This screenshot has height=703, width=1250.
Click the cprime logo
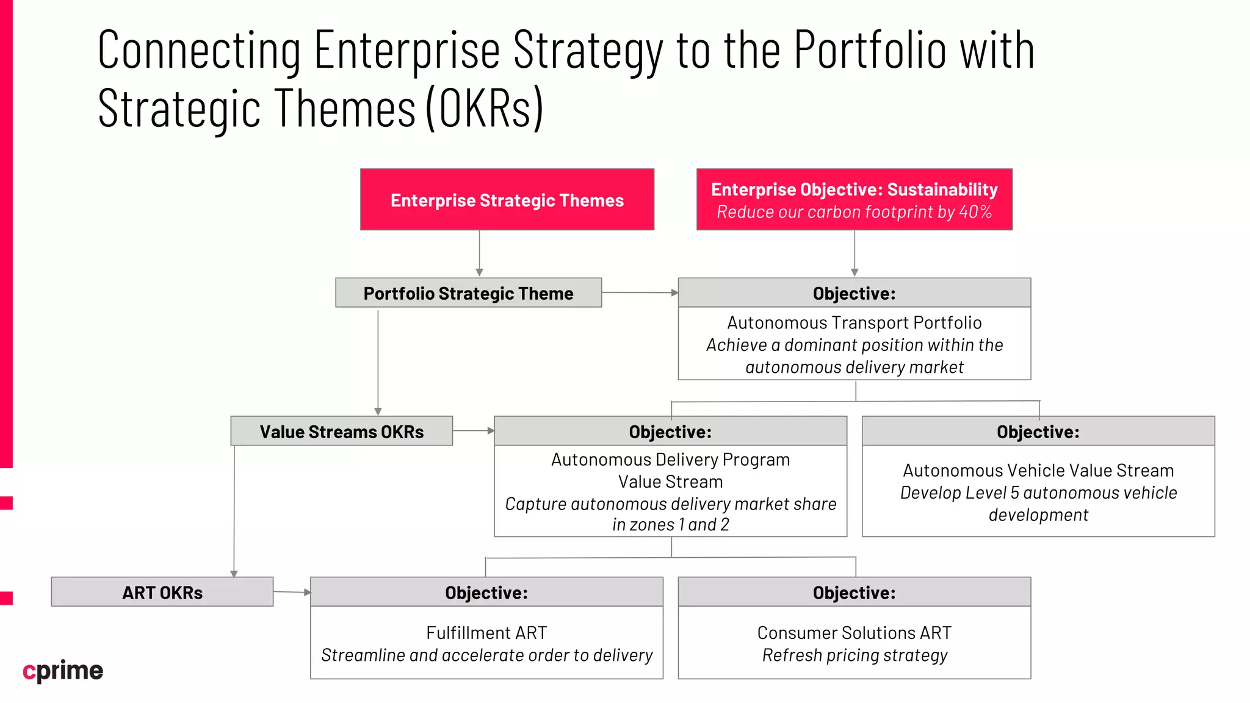63,671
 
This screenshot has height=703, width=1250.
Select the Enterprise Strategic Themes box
507,200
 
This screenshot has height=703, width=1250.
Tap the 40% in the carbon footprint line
975,212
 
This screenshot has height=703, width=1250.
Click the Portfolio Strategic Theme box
468,293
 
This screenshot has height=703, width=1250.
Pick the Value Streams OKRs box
341,431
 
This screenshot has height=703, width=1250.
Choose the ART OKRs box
162,592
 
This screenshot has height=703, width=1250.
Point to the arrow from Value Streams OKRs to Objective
473,431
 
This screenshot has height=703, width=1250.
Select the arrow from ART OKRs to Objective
292,592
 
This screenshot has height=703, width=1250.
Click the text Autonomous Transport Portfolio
854,322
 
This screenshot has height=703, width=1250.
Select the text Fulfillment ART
486,633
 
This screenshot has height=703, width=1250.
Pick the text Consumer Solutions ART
854,633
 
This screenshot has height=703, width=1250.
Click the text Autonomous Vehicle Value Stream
1038,470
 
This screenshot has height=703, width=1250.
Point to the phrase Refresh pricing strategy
854,655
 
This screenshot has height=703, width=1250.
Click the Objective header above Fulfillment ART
486,593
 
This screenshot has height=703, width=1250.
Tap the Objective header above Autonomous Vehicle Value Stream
1038,432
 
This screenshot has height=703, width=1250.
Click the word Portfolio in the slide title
870,50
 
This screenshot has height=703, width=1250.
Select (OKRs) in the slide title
484,109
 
